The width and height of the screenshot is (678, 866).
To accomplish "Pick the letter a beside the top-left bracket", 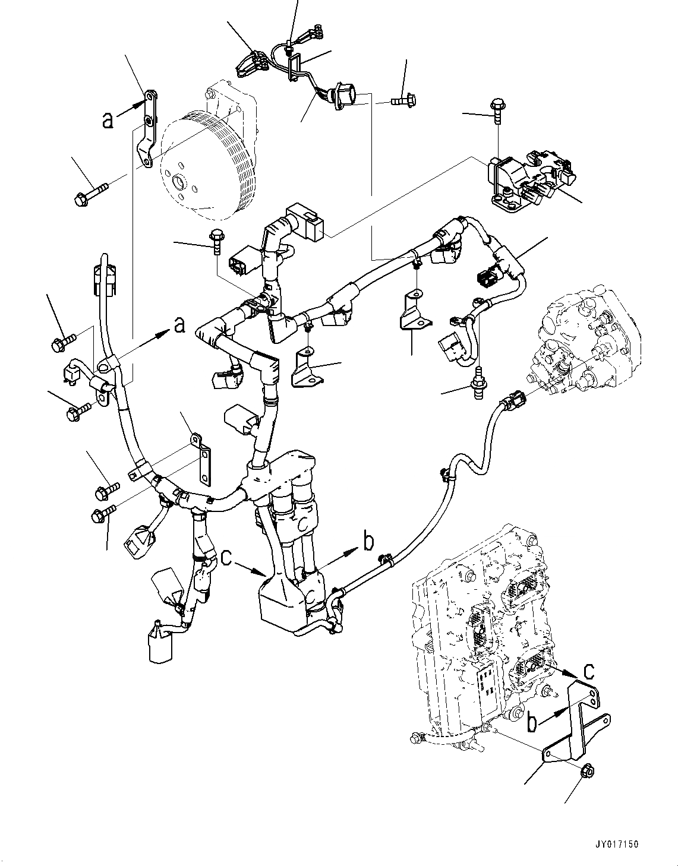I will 107,121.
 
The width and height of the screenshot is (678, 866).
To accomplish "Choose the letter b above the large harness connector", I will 368,542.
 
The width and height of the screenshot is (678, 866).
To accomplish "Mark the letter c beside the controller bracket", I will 588,671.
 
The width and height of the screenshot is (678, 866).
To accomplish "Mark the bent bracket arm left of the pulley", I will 147,131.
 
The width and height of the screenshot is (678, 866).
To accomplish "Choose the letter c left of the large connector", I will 226,558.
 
